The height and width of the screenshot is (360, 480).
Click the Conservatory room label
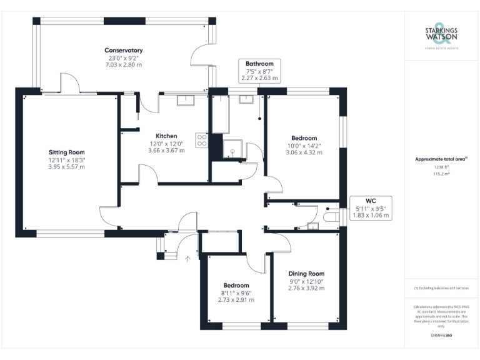tap(124, 51)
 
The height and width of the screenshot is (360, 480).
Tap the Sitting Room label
tap(67, 152)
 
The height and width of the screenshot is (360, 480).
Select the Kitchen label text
tap(166, 136)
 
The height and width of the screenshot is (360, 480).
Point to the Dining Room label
tap(306, 274)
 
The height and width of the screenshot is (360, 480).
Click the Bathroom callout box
tap(259, 71)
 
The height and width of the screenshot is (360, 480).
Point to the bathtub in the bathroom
tap(221, 115)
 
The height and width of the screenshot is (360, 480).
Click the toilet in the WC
tap(331, 216)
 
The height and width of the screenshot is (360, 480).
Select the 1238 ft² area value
tap(441, 167)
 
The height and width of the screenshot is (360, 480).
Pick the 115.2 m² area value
tap(441, 174)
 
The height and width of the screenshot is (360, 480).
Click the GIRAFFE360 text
tap(441, 336)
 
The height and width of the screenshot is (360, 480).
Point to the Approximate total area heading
tap(441, 159)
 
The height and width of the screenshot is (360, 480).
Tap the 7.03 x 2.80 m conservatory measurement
tap(124, 65)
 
